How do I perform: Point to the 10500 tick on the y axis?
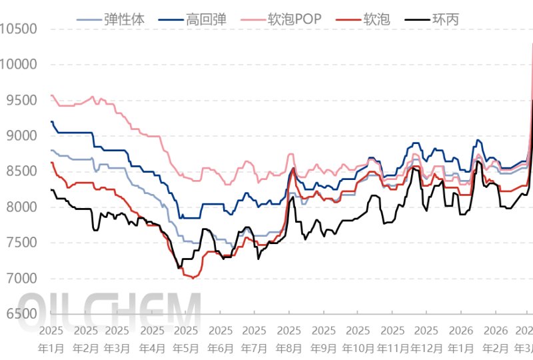(x=19, y=29)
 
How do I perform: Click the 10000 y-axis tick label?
(x=19, y=65)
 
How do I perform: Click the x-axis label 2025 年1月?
(x=51, y=339)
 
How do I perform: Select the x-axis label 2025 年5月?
(x=186, y=339)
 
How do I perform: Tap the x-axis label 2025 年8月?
(x=289, y=339)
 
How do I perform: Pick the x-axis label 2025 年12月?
(x=426, y=339)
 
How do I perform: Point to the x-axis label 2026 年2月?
(x=495, y=339)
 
